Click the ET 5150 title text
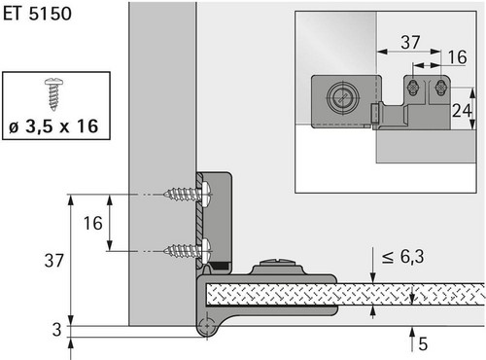(x=37, y=14)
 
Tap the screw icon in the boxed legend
(x=53, y=94)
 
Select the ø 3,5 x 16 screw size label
(x=53, y=126)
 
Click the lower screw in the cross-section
(x=188, y=250)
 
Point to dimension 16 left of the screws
(x=92, y=223)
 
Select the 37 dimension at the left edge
(x=53, y=261)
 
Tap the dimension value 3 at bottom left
(x=56, y=330)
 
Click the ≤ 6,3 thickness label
(x=402, y=257)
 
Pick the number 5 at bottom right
(x=423, y=344)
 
